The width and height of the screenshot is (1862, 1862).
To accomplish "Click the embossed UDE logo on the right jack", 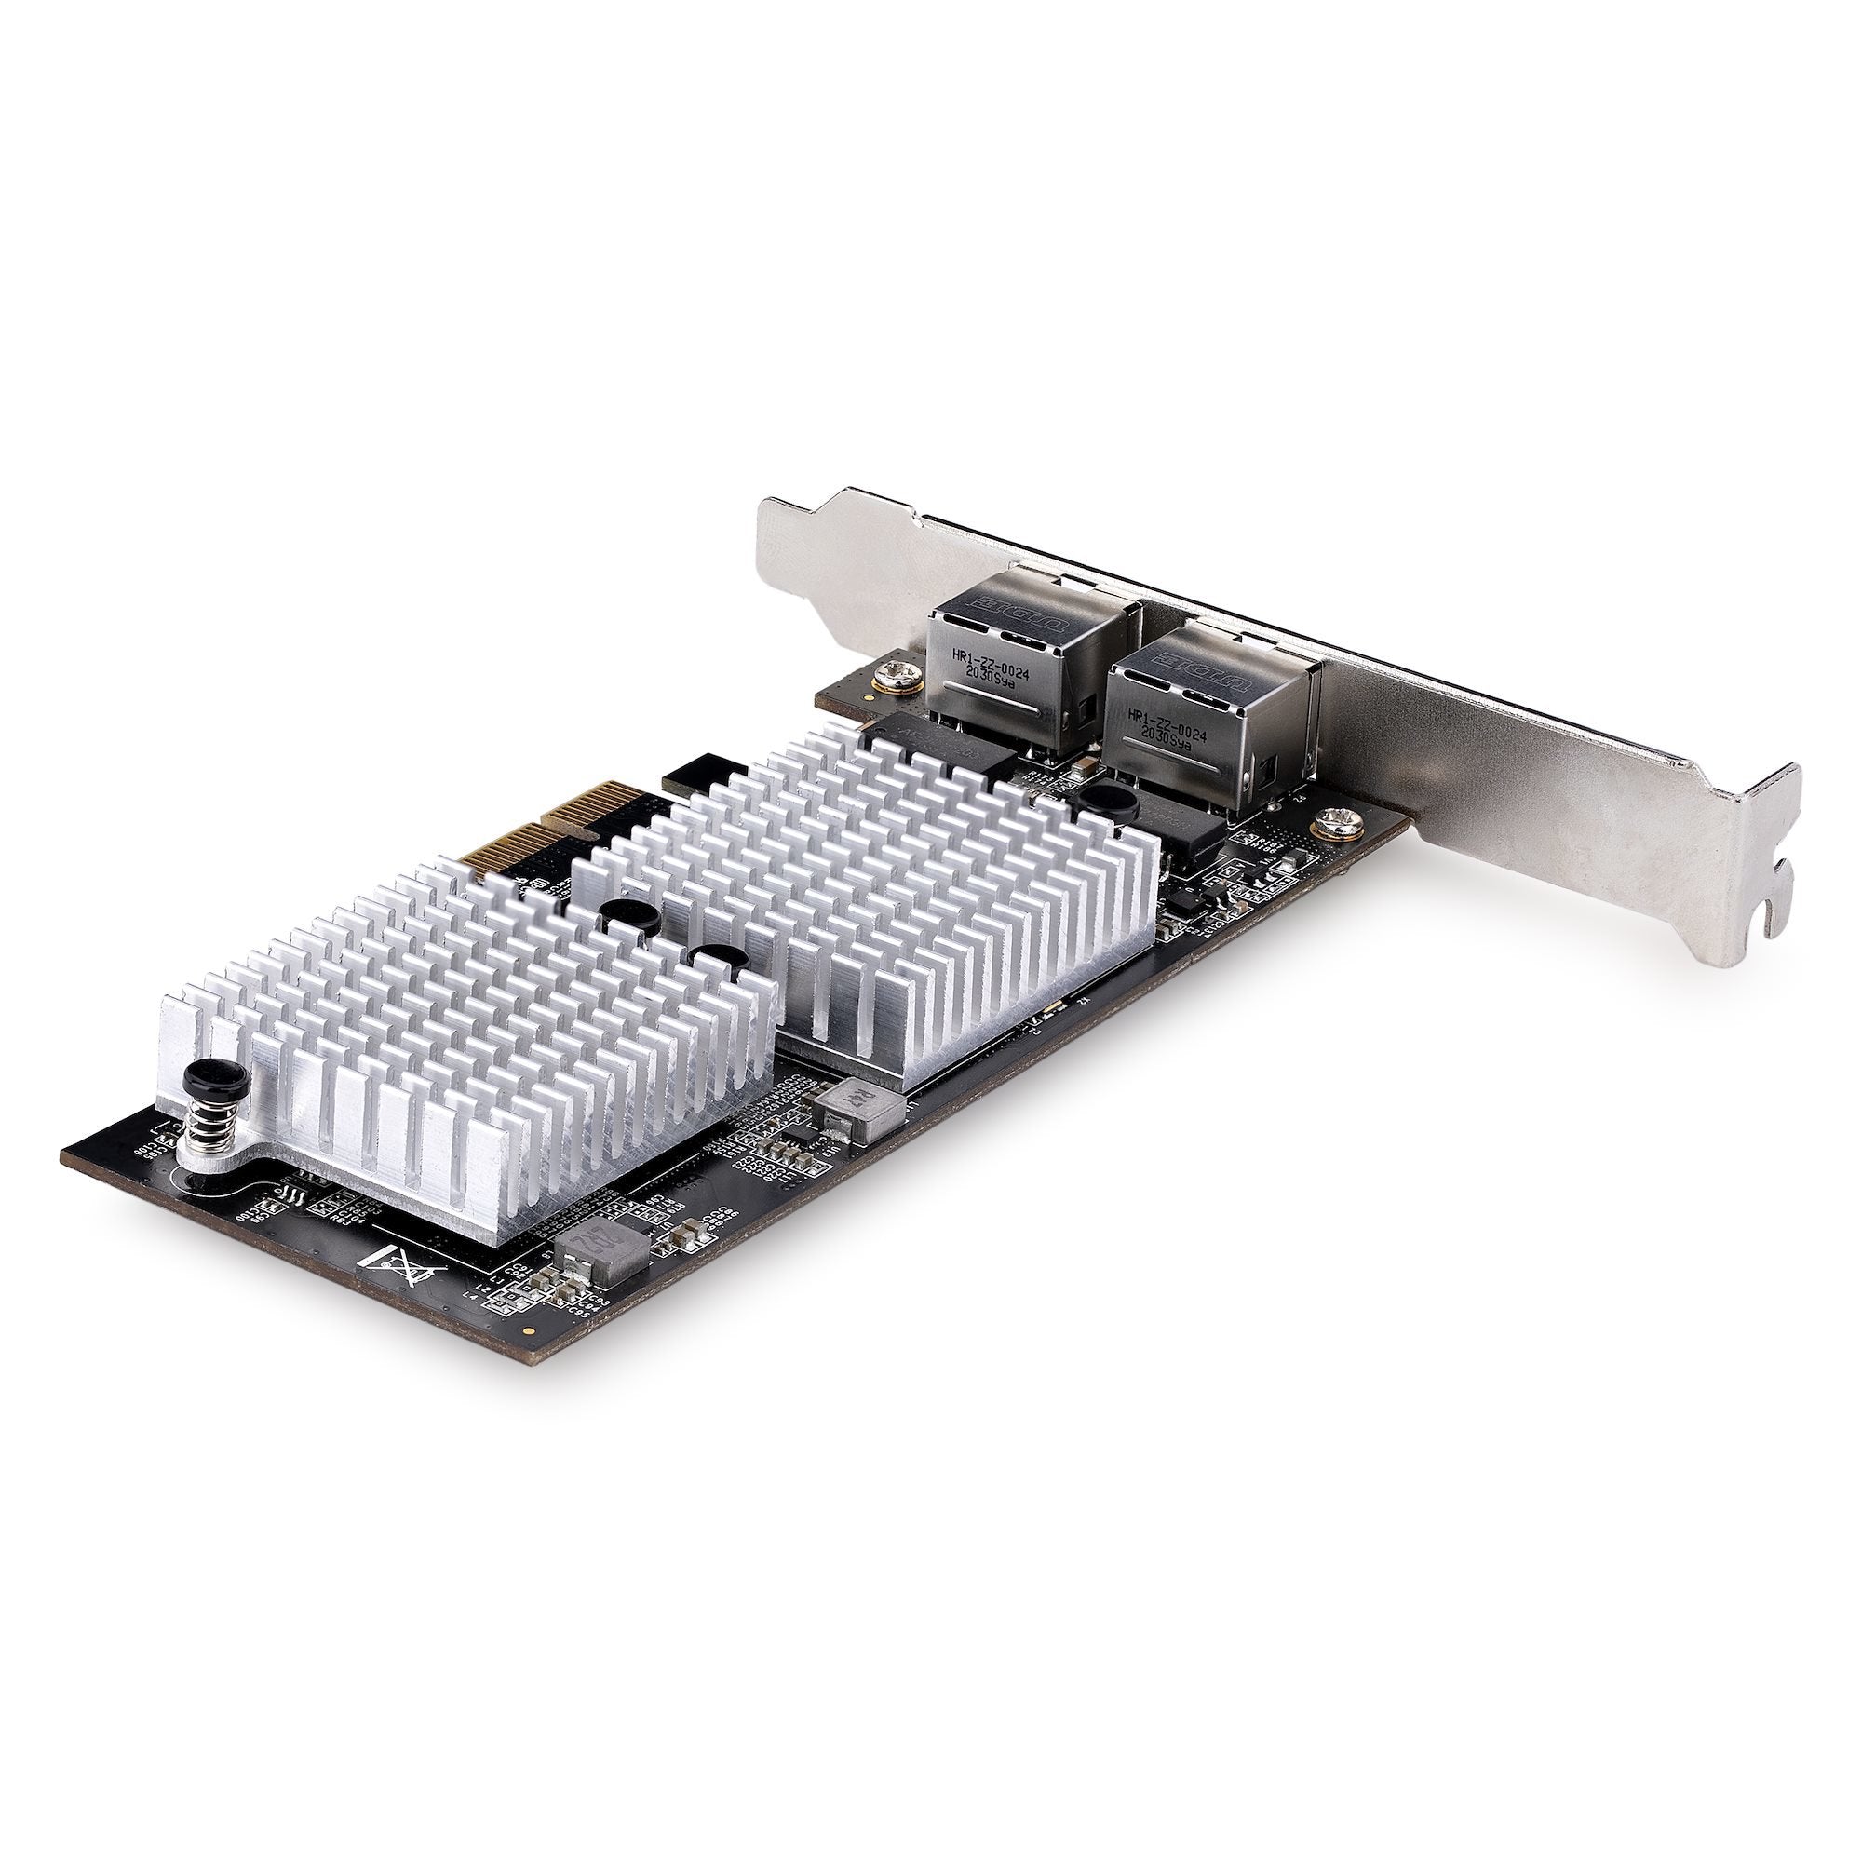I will click(x=1193, y=665).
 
